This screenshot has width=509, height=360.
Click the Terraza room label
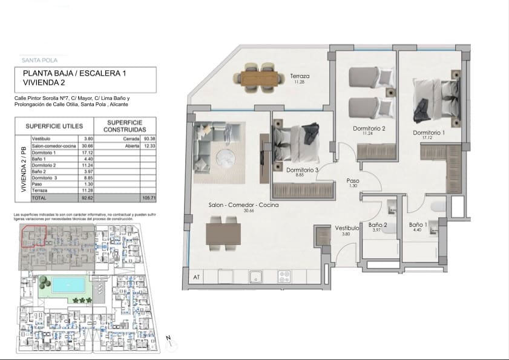tap(300, 76)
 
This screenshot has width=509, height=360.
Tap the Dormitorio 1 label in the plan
tap(429, 133)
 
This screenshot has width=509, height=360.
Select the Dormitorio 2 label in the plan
tap(369, 128)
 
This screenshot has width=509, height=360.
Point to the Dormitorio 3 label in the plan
tap(302, 170)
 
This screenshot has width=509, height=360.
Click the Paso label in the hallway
tap(353, 181)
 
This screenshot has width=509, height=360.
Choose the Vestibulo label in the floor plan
tap(347, 228)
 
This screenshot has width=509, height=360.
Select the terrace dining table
tap(262, 77)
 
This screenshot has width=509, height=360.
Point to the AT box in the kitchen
tap(196, 277)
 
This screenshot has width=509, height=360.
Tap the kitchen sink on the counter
tap(257, 277)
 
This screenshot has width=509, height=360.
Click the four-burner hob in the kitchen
tap(285, 277)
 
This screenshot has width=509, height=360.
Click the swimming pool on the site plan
tap(67, 285)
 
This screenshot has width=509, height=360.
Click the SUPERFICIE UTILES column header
tap(50, 126)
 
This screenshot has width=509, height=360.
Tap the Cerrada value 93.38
tap(148, 138)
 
